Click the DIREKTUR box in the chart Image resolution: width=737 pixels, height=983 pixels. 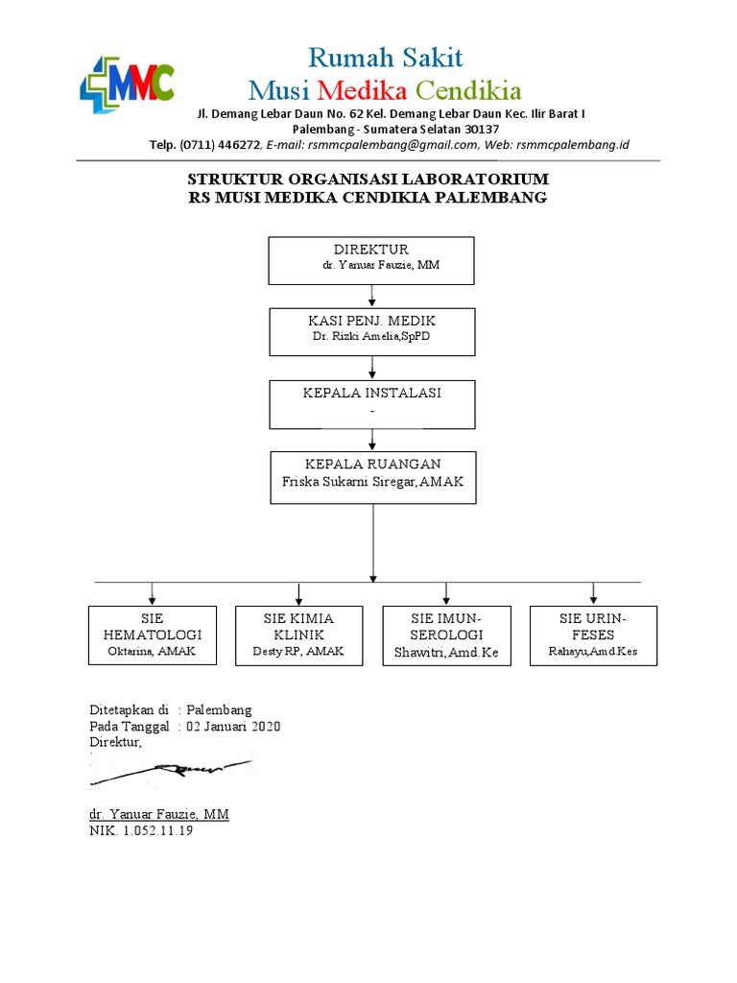coord(370,260)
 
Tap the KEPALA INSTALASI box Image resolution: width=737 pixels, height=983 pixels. coord(371,403)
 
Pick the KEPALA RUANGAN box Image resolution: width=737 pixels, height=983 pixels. coord(372,477)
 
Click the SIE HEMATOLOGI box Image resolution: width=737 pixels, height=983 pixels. coord(151,635)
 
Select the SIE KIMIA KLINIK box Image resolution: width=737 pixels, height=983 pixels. coord(298,635)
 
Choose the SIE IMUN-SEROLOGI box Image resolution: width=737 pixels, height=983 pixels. coord(446,635)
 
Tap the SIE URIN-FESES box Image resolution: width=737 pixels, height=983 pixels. coord(593,635)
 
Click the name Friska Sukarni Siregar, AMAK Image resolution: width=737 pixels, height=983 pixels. coord(372,482)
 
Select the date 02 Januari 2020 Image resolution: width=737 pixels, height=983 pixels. coord(233,727)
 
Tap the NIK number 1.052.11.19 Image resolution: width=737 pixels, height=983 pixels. coord(156,831)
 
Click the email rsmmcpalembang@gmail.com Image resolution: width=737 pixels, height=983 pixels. coord(390,145)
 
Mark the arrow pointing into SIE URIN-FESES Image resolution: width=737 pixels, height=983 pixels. coord(593,593)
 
